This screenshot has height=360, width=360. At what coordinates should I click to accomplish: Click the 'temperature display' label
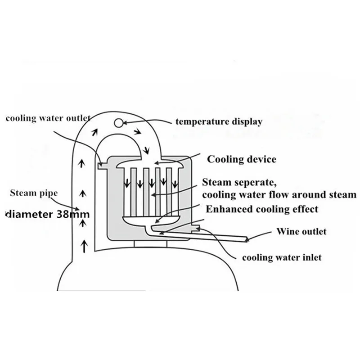(x=219, y=121)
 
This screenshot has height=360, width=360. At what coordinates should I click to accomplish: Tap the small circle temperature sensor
(x=118, y=122)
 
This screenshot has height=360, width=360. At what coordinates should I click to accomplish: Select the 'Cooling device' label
(x=241, y=159)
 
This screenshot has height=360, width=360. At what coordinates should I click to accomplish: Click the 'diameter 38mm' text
(x=47, y=215)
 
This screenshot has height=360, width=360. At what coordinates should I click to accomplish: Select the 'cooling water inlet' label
(x=281, y=258)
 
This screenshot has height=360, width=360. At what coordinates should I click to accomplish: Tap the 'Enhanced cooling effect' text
(x=262, y=209)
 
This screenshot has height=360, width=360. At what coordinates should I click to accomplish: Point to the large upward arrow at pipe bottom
(x=84, y=246)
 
